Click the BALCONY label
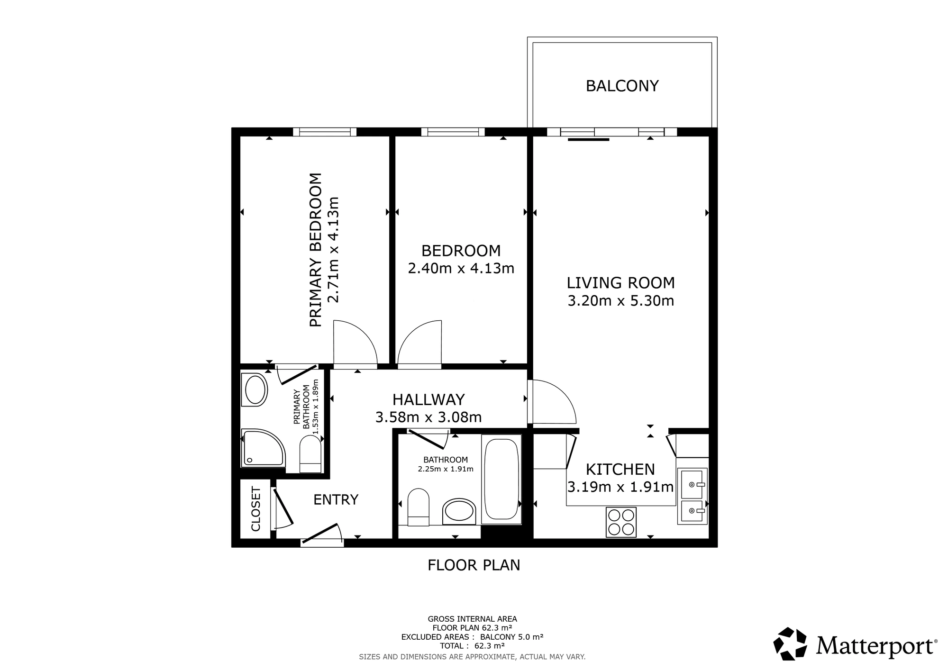622,86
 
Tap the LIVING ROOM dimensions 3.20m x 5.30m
620,300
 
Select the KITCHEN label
620,469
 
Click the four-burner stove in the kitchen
621,522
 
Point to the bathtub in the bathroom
501,479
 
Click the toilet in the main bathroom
418,507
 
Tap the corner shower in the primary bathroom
263,448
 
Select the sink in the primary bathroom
255,390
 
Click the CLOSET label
256,508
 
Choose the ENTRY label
336,499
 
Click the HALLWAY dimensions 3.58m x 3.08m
428,417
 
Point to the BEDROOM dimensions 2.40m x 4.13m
461,268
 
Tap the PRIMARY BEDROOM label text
316,250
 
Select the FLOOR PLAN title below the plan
474,565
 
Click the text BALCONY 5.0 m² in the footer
511,637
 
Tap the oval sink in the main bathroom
458,511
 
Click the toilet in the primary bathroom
310,453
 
